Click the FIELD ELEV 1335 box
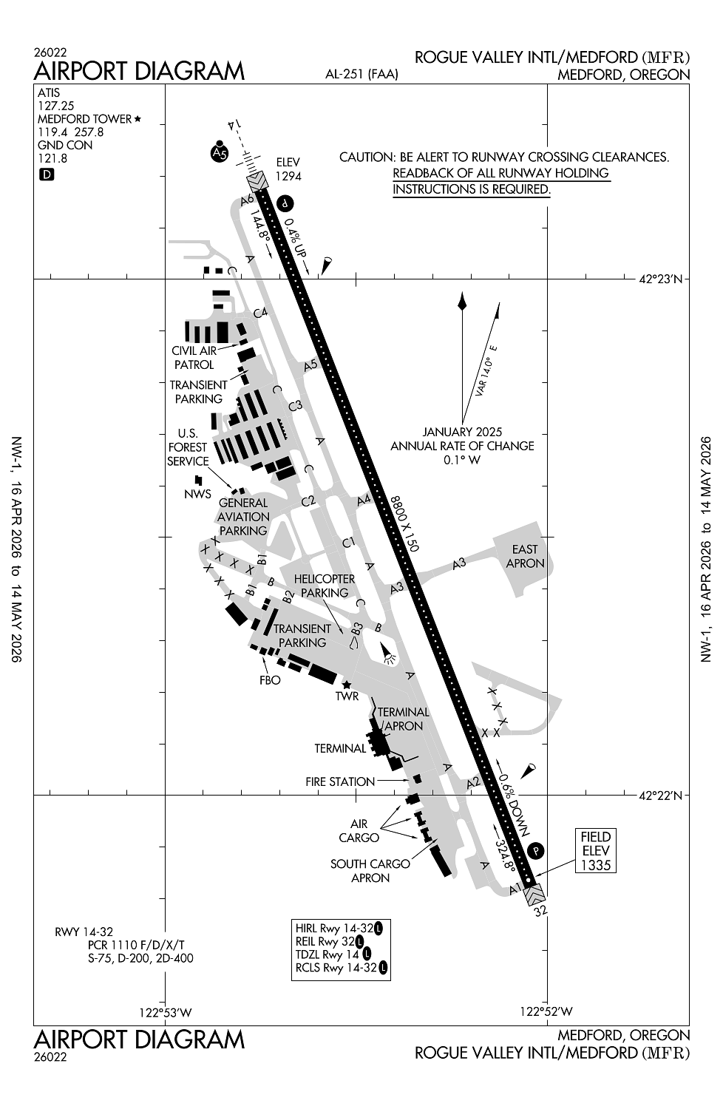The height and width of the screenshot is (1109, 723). click(x=596, y=850)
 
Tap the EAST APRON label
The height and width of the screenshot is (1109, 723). click(x=525, y=556)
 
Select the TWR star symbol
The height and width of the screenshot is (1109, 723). click(x=346, y=685)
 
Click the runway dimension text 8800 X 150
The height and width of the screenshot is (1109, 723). click(x=405, y=523)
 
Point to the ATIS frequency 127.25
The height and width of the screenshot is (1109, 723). click(x=56, y=106)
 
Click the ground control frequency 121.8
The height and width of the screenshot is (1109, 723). click(x=52, y=158)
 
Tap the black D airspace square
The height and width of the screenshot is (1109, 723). click(x=47, y=175)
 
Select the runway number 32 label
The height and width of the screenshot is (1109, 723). click(x=541, y=911)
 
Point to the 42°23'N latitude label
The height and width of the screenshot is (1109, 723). click(x=661, y=279)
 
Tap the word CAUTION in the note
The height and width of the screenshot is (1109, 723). click(x=366, y=157)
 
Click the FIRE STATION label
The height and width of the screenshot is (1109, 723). click(x=340, y=781)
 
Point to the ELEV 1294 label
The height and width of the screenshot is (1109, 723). click(x=288, y=169)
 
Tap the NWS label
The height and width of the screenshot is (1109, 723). click(x=197, y=494)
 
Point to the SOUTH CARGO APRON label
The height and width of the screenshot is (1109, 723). click(x=370, y=871)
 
